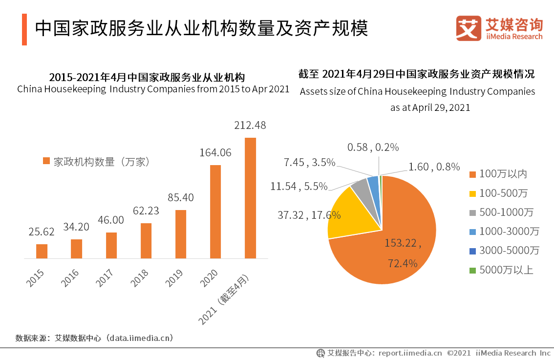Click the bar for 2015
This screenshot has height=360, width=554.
coord(42,251)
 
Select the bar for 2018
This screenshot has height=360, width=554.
coord(146,241)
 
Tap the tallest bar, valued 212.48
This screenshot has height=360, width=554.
coord(250,198)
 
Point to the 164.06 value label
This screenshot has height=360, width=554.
coord(215,152)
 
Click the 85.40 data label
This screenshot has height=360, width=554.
coord(181,197)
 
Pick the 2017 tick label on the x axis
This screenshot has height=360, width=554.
coord(105,277)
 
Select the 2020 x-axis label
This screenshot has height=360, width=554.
coord(209,277)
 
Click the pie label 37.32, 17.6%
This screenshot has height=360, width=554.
coord(309,215)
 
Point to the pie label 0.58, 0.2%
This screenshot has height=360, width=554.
coord(373,147)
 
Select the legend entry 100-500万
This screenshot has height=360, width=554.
coord(498,193)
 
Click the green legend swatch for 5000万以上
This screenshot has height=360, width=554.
coord(472,270)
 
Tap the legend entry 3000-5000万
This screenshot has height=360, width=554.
coord(504,251)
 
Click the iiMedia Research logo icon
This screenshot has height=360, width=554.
coord(469,28)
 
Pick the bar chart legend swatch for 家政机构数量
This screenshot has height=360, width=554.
coord(46,161)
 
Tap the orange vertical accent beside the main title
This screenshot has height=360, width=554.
coord(24,29)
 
